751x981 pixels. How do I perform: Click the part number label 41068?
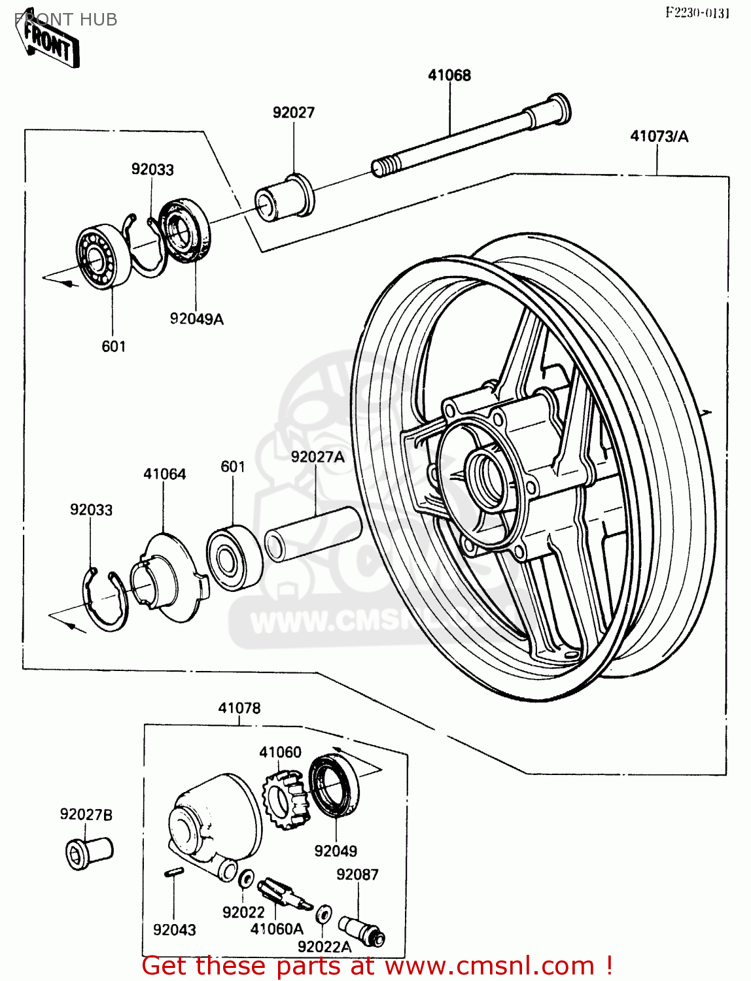pyautogui.click(x=449, y=75)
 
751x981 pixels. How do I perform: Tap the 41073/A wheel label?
pyautogui.click(x=659, y=136)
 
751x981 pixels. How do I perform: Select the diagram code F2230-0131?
pyautogui.click(x=697, y=12)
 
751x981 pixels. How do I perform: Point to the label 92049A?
pyautogui.click(x=196, y=319)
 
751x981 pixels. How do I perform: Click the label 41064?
pyautogui.click(x=165, y=474)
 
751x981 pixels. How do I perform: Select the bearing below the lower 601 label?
pyautogui.click(x=234, y=558)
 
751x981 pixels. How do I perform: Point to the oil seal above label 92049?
pyautogui.click(x=334, y=785)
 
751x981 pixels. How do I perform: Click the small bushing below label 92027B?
pyautogui.click(x=89, y=852)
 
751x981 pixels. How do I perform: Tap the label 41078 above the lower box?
pyautogui.click(x=239, y=708)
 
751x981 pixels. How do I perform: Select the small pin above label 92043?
pyautogui.click(x=173, y=872)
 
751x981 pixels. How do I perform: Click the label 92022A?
pyautogui.click(x=324, y=946)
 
